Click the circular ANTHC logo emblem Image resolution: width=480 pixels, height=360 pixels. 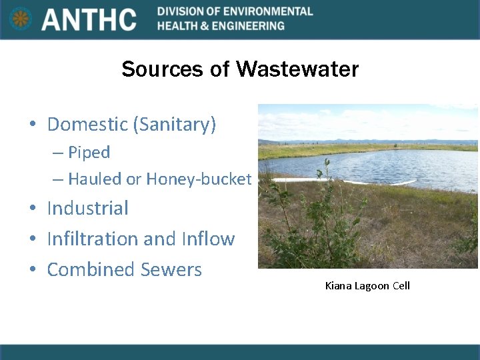click(x=21, y=19)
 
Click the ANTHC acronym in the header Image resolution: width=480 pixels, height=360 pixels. click(x=89, y=19)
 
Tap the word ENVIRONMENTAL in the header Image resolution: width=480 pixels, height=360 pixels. click(x=267, y=11)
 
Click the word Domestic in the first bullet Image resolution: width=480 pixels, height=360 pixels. click(x=87, y=124)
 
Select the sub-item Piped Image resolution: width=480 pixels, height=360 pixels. click(x=89, y=152)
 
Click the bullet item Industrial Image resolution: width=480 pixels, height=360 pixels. click(x=87, y=208)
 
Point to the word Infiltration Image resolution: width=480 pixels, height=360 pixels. click(x=93, y=239)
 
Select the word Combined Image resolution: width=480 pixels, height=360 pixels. click(x=91, y=269)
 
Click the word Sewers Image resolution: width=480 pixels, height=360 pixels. click(x=171, y=269)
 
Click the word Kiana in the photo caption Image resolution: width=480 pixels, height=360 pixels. click(x=337, y=286)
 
